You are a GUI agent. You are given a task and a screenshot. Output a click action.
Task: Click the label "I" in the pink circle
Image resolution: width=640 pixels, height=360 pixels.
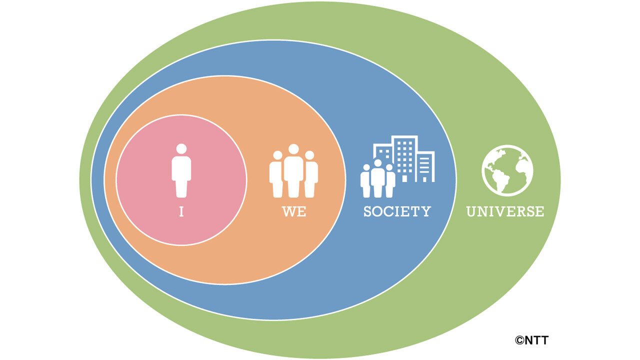[181, 211]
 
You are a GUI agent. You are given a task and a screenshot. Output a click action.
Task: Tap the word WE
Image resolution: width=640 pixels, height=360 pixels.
[294, 211]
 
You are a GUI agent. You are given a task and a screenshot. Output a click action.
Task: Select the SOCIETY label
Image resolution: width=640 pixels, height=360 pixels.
[397, 211]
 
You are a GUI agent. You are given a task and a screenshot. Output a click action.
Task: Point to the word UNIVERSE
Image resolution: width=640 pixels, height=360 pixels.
[505, 211]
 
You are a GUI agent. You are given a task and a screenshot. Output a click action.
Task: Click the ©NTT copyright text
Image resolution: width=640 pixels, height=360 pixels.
[531, 340]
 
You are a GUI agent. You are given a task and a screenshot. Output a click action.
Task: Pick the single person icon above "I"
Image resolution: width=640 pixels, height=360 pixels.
[181, 170]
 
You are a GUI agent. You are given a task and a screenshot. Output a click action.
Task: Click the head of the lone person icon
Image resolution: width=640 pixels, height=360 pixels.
[181, 149]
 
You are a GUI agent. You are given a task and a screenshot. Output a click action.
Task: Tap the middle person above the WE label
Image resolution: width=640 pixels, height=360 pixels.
[293, 171]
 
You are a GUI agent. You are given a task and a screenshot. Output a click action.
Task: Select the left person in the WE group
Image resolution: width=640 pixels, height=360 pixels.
[276, 174]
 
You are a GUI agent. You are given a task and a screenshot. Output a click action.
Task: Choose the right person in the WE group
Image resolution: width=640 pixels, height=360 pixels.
[311, 174]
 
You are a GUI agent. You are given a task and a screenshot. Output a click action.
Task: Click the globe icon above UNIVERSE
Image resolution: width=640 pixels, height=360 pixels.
[507, 170]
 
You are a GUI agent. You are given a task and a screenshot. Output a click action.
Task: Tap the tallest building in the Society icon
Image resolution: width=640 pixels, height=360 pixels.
[404, 159]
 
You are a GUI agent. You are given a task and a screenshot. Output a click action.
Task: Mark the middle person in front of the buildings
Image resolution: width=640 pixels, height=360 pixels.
[377, 178]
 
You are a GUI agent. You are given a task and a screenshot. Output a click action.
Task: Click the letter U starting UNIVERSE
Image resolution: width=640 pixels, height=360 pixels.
[471, 211]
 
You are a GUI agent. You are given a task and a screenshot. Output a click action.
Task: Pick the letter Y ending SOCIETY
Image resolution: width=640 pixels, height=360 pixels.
[426, 211]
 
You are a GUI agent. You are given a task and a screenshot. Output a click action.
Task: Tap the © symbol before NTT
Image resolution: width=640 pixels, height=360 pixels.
[519, 340]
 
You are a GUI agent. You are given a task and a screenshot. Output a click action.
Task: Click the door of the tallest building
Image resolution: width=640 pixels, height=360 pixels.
[404, 179]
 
